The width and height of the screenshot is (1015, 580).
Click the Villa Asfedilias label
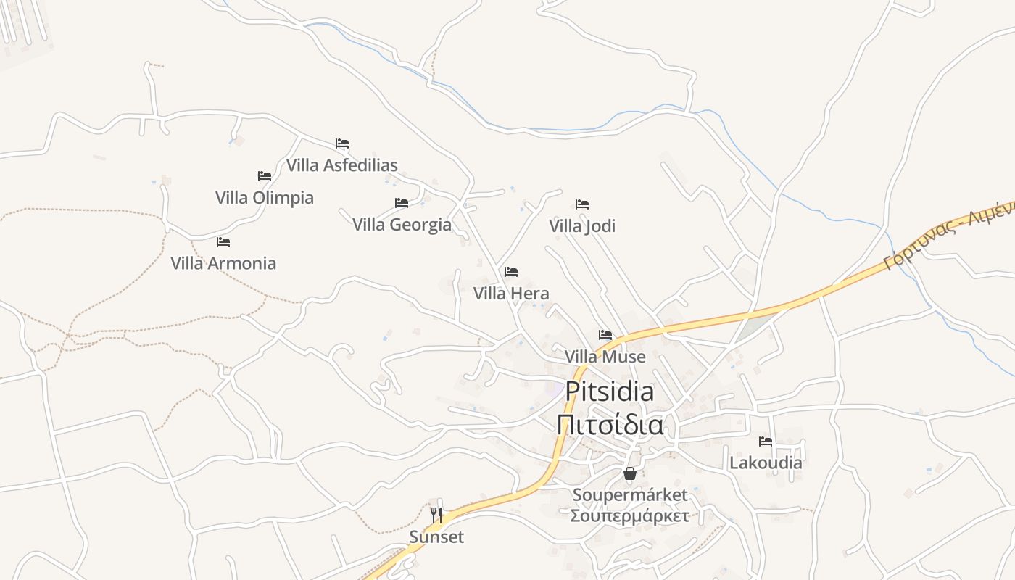[x=341, y=165]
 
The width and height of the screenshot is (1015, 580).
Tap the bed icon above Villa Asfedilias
[x=342, y=144]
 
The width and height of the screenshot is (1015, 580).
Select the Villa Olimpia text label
[x=265, y=198]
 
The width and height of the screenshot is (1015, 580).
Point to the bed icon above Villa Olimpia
[x=265, y=176]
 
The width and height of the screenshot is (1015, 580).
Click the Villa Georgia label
[x=402, y=225]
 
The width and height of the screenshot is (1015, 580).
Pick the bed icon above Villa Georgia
[x=402, y=203]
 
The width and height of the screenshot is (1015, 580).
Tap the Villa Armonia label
[x=223, y=263]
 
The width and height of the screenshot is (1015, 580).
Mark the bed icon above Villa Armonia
[x=223, y=242]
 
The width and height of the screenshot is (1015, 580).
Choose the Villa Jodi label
[x=582, y=226]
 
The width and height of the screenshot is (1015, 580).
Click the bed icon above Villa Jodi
[x=582, y=204]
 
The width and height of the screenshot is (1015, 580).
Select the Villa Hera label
[x=511, y=294]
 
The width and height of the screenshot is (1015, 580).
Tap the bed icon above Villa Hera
[x=511, y=272]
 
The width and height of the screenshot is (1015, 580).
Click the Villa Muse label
[x=605, y=357]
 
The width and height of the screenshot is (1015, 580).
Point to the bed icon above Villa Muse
[x=605, y=335]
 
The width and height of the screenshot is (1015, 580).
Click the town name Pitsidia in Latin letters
[x=609, y=391]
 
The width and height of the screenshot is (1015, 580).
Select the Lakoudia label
[x=766, y=463]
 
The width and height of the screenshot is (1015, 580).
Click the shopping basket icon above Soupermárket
[x=630, y=474]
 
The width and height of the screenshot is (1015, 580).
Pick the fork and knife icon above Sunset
[x=436, y=515]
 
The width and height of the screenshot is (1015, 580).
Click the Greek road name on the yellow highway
[x=950, y=236]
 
